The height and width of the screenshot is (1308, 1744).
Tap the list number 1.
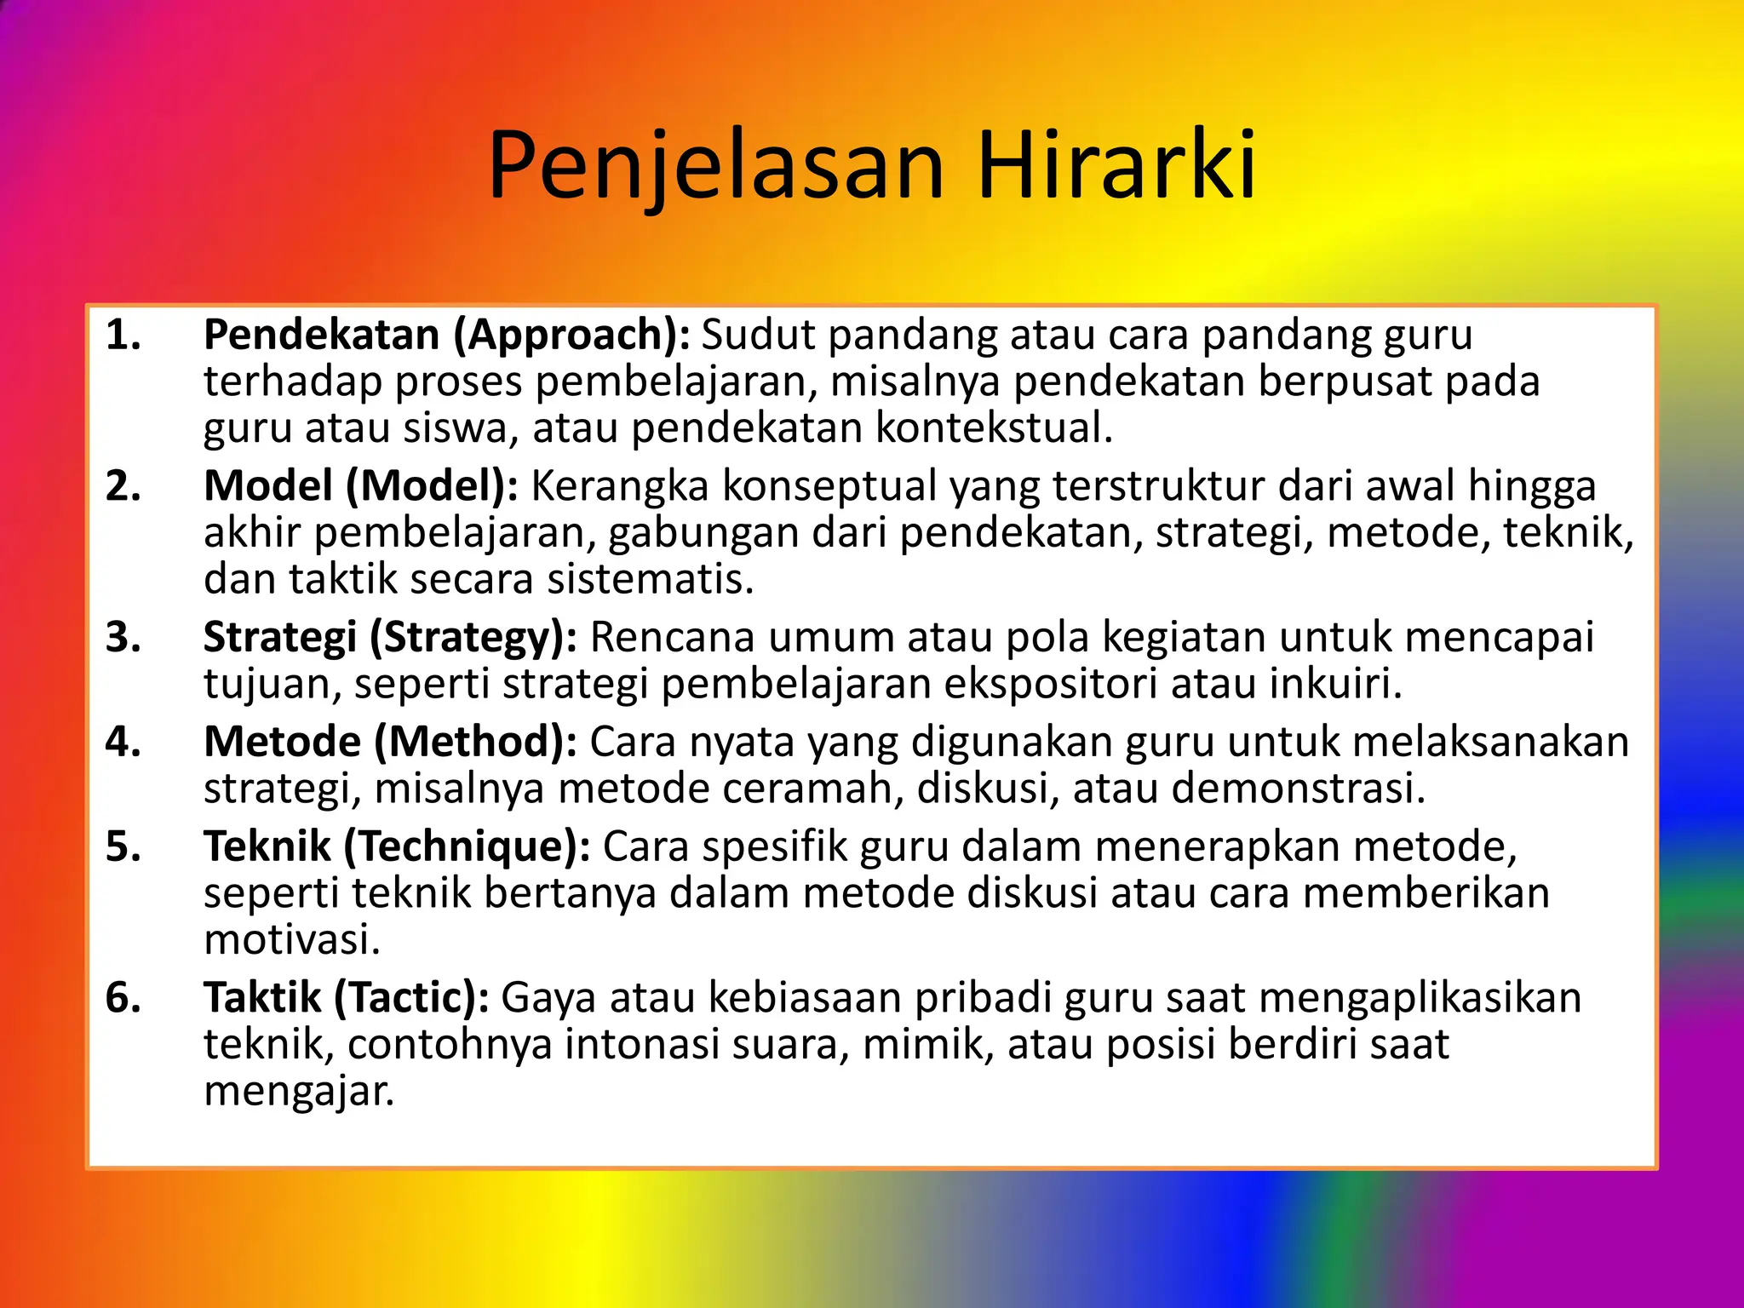(123, 335)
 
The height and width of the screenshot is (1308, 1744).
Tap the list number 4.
(123, 742)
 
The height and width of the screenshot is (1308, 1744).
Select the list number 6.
(123, 997)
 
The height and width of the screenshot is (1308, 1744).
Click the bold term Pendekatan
(322, 335)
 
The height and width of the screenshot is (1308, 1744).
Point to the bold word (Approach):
(571, 335)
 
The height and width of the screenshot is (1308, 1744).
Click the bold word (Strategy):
(473, 637)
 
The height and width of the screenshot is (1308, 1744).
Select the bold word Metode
(282, 742)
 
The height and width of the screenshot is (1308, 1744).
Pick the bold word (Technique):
(467, 846)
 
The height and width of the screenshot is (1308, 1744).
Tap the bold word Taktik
(261, 997)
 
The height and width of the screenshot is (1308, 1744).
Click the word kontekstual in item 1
(994, 427)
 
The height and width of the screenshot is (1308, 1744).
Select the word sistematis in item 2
(650, 579)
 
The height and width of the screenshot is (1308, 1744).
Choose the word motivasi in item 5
(291, 940)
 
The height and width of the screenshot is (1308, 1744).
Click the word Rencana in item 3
(673, 637)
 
